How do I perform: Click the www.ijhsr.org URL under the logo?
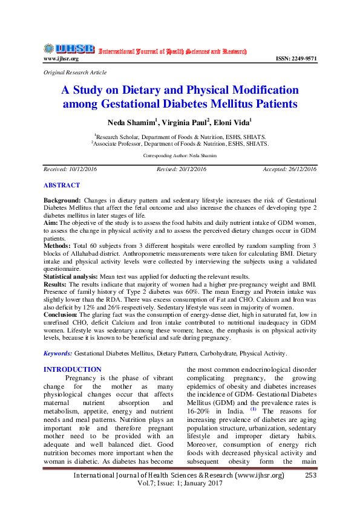[61, 59]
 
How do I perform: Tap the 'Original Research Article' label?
[74, 73]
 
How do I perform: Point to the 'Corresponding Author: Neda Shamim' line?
[180, 155]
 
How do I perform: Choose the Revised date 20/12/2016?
[182, 169]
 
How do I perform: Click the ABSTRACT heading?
[61, 185]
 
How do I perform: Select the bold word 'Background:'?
[62, 199]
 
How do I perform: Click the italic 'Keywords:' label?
[58, 353]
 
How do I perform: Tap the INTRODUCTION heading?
[73, 369]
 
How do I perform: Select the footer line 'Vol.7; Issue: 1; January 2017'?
[180, 484]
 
